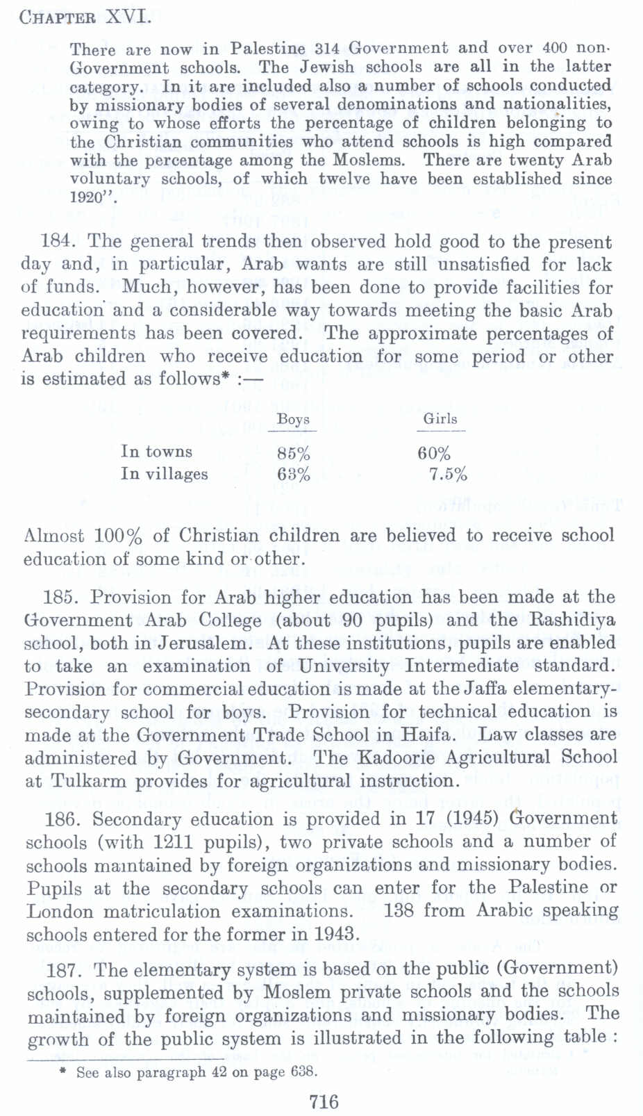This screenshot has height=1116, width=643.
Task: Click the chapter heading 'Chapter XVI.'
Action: (85, 16)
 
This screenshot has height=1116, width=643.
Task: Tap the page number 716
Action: (324, 1101)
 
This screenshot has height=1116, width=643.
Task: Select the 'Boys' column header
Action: (293, 419)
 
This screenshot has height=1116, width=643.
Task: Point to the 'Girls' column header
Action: (440, 419)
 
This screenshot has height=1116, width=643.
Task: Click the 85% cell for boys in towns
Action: (293, 454)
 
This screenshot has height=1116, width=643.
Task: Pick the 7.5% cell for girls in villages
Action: (448, 475)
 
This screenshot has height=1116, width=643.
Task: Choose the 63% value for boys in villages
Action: (293, 475)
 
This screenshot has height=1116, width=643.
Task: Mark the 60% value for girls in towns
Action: (434, 454)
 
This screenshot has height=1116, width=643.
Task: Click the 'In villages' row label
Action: (164, 474)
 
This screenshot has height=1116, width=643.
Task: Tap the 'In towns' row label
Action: (156, 452)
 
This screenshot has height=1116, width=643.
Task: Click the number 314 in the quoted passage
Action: (327, 49)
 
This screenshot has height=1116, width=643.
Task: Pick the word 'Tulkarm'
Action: (90, 781)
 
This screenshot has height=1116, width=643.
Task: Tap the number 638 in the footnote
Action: (303, 1072)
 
